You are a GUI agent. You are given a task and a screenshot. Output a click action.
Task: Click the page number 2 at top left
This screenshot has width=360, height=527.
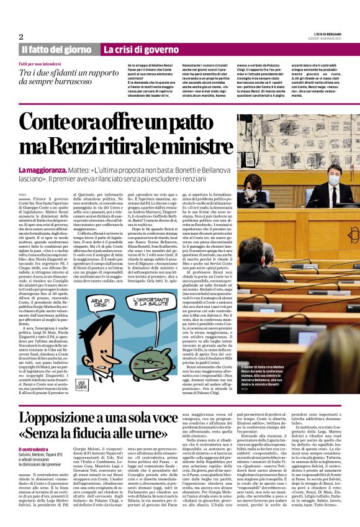click(21, 36)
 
